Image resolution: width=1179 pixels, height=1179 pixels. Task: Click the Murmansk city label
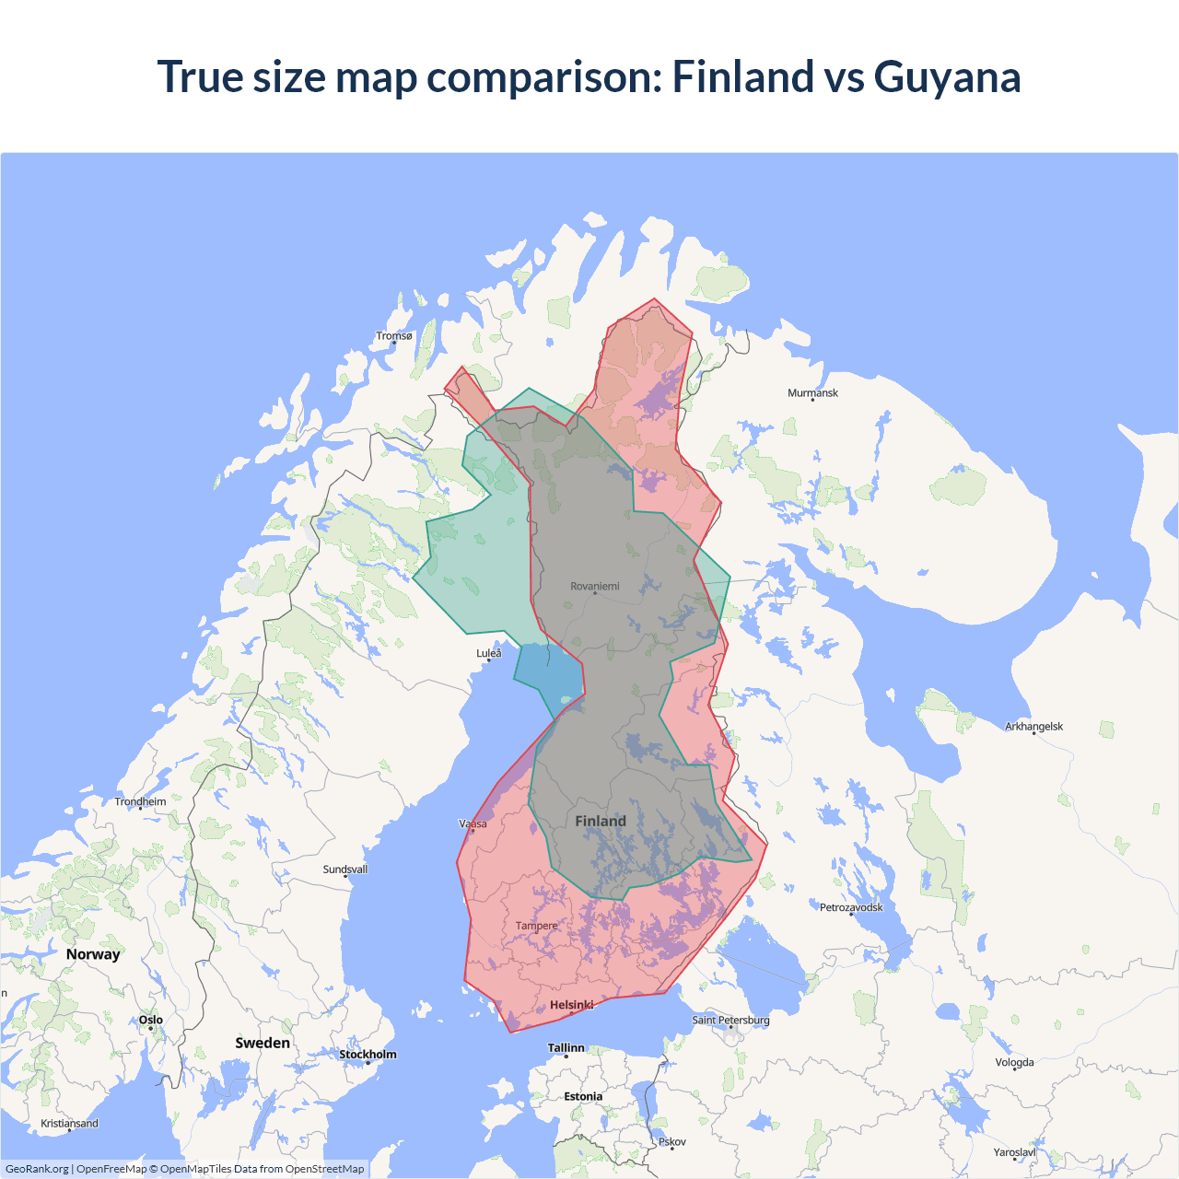click(812, 393)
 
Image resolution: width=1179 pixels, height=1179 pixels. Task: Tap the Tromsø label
click(394, 336)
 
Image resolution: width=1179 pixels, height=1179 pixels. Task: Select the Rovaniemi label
click(595, 586)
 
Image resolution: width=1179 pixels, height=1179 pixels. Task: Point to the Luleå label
click(489, 653)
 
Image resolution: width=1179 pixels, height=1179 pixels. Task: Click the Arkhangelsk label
click(1033, 727)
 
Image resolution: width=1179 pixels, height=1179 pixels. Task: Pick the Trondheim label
click(141, 801)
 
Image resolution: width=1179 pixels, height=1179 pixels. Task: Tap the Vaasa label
click(473, 823)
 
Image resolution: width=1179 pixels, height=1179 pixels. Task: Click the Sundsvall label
click(345, 870)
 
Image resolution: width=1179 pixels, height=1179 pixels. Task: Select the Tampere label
click(536, 926)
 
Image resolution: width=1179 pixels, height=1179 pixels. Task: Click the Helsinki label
click(571, 1005)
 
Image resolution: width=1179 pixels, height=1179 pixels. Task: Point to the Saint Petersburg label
click(730, 1020)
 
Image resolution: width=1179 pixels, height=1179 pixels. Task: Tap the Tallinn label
click(566, 1048)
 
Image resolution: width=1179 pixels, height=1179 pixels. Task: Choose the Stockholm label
click(368, 1055)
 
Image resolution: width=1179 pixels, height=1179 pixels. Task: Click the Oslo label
click(151, 1020)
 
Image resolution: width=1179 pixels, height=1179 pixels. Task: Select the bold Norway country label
click(93, 954)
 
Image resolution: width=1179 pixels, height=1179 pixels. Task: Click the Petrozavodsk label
click(851, 907)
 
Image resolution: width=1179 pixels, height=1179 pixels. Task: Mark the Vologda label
click(1014, 1062)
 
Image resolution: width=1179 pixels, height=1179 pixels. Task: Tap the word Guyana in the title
click(947, 76)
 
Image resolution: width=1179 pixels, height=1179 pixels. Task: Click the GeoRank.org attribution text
click(37, 1169)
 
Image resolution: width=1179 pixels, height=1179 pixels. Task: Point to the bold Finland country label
click(601, 821)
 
